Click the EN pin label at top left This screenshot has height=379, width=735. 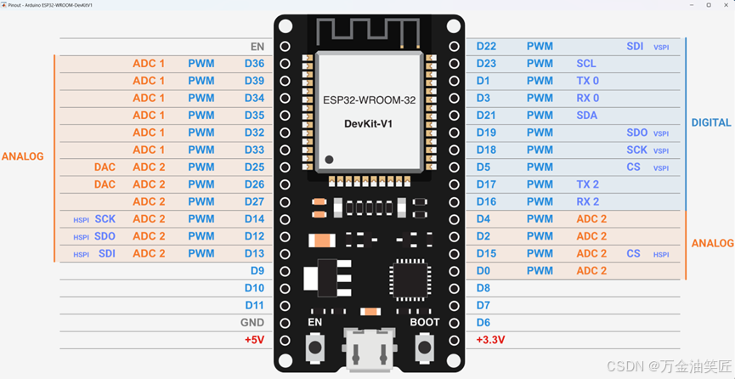(257, 47)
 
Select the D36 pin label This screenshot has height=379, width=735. (254, 64)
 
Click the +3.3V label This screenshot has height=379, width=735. (490, 340)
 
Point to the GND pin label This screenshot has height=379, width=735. (252, 323)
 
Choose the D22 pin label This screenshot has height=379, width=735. (486, 47)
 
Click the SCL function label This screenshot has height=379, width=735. (586, 64)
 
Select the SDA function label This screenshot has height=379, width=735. (587, 116)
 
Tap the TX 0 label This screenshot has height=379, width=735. (588, 81)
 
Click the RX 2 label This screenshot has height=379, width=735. (588, 202)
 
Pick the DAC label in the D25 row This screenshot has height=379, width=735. (105, 167)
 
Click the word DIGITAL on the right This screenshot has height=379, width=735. (711, 122)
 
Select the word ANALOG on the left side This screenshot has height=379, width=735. (23, 157)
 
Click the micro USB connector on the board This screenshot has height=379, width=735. (369, 350)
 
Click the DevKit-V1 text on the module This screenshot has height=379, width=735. (369, 124)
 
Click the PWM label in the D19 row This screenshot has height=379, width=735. (540, 133)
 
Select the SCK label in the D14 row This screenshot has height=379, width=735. (105, 219)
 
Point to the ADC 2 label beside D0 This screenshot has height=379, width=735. (591, 271)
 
